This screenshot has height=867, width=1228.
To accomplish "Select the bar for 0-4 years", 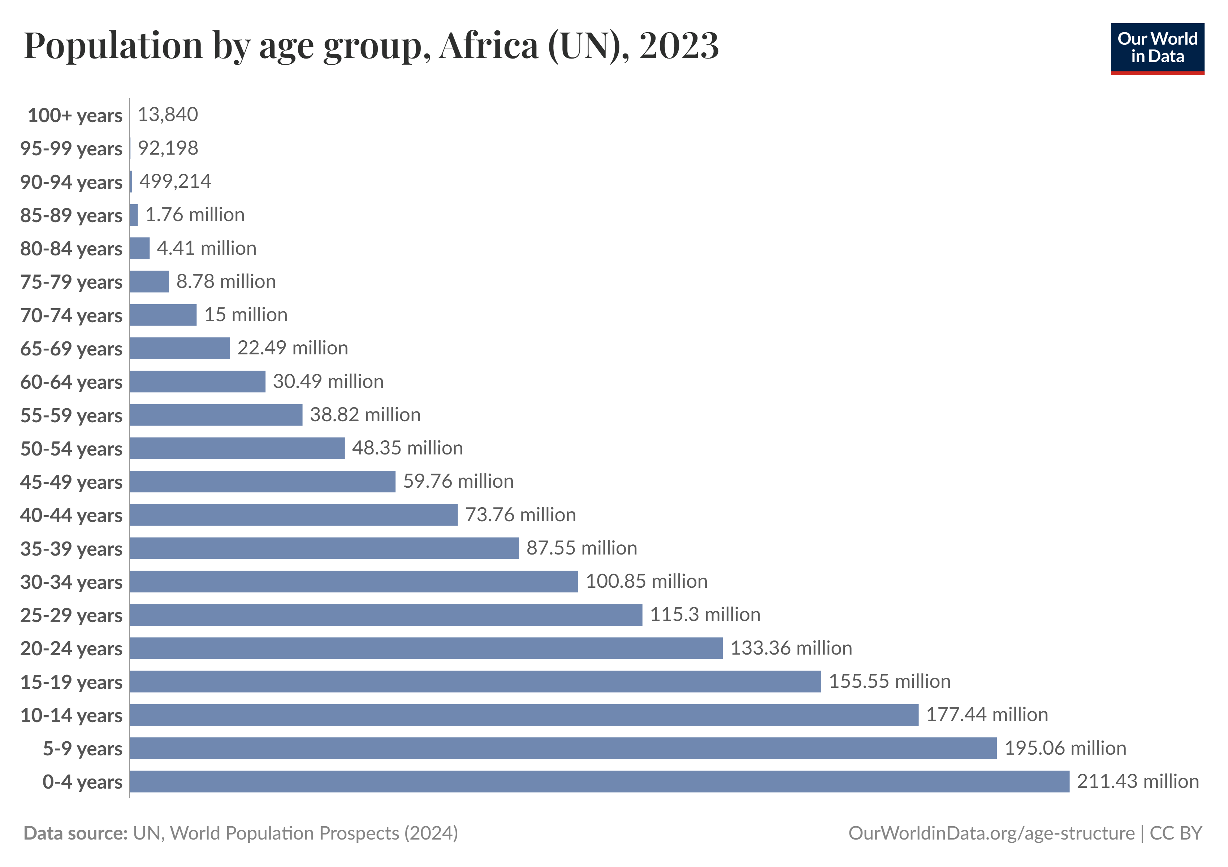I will point(599,781).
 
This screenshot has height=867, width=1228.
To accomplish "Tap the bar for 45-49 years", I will point(262,482).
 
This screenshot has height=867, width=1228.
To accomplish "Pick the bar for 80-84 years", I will point(139,248).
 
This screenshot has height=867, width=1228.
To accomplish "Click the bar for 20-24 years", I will point(426,648).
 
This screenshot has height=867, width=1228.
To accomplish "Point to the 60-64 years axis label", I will point(71,382).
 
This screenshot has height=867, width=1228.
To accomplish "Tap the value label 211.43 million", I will point(1138,781).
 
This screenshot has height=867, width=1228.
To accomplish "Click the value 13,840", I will point(168,115).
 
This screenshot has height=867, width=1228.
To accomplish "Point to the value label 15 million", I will point(246,315).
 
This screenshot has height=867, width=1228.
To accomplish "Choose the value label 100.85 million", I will point(646,581).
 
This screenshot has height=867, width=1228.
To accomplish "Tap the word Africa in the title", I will point(489,46).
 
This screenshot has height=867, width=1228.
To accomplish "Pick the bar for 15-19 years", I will point(475,681).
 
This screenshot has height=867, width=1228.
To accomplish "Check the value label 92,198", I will point(168,148).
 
